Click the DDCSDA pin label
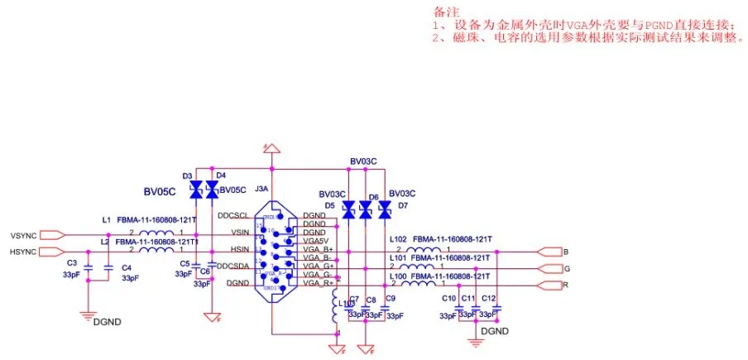pos(233,266)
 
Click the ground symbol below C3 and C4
pos(87,314)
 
